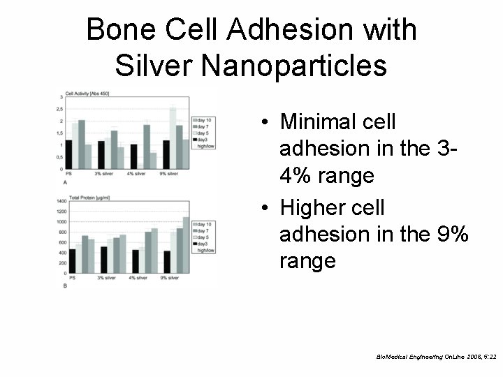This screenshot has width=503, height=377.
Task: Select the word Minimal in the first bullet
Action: tap(325, 122)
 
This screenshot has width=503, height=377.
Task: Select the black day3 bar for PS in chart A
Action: tap(68, 154)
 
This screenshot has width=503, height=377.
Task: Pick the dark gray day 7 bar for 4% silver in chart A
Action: tap(147, 146)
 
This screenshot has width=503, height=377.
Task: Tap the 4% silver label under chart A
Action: tap(138, 172)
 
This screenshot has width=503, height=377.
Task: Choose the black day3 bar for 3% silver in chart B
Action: tap(103, 259)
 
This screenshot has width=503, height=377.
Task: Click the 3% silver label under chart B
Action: tap(106, 278)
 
